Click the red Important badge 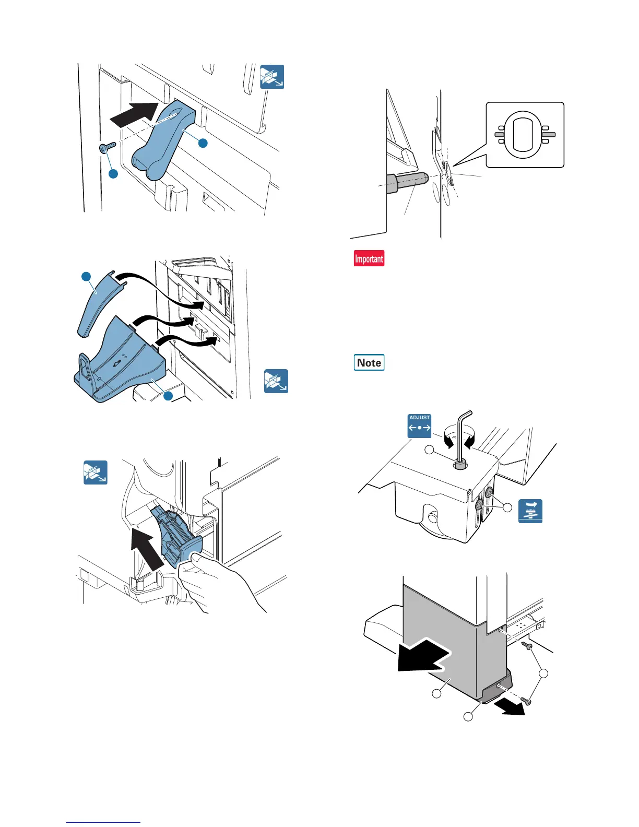click(369, 258)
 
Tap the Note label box click(369, 362)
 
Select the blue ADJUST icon click(419, 426)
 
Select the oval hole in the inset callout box click(525, 135)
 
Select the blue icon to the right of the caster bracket click(530, 511)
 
